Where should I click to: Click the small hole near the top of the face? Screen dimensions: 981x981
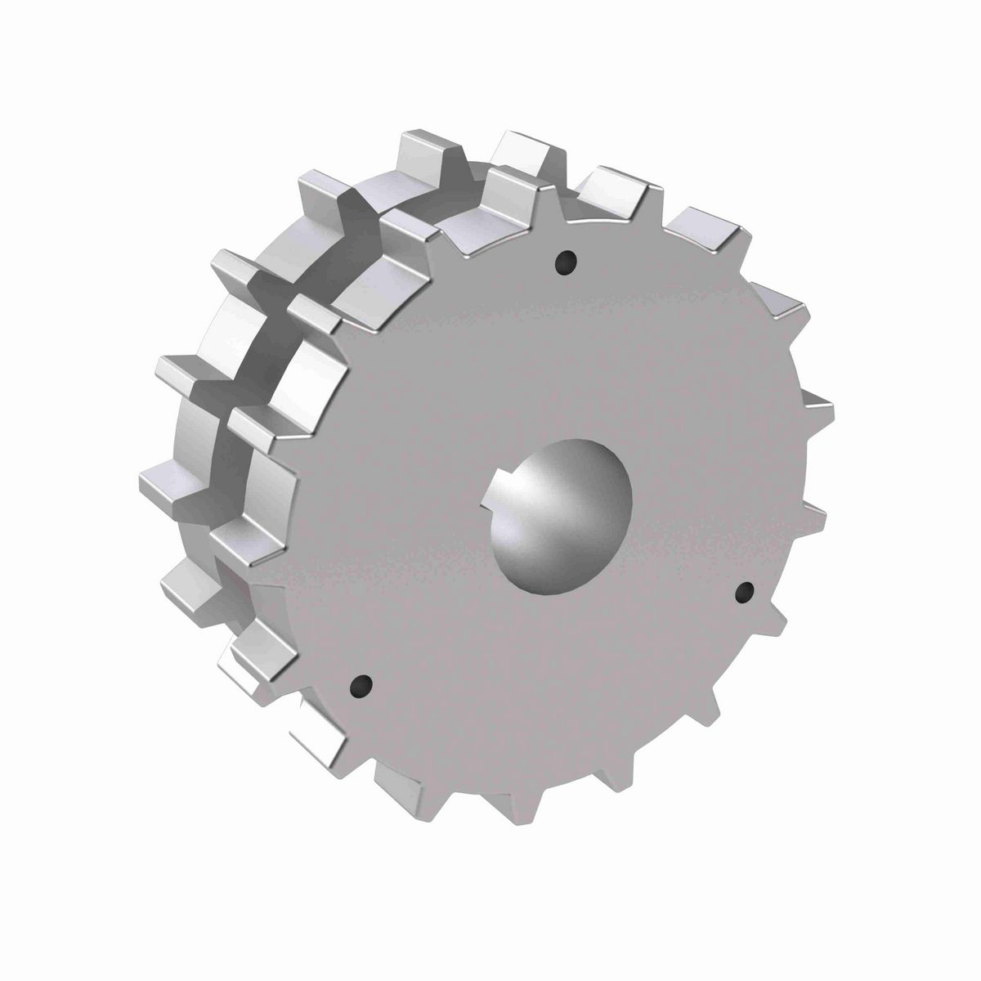pos(565,262)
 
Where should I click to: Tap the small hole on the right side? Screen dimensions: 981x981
pos(744,593)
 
